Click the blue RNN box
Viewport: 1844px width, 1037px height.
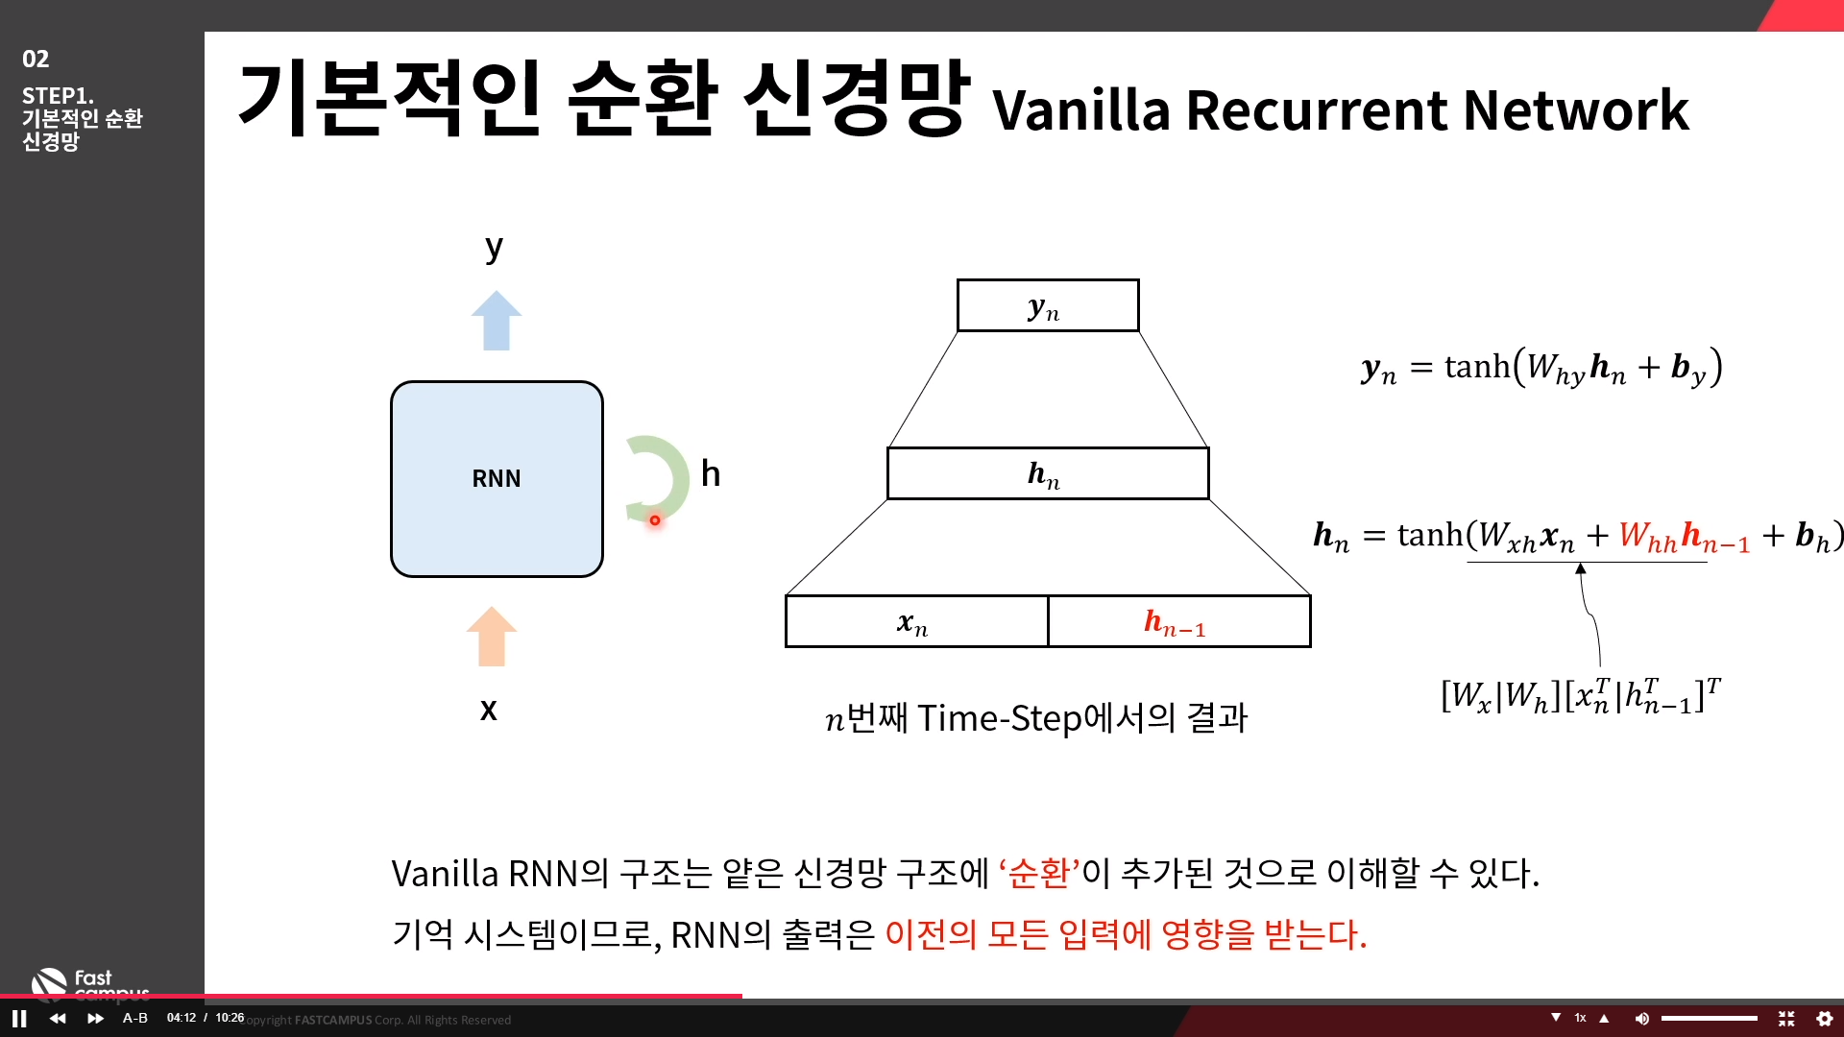click(497, 478)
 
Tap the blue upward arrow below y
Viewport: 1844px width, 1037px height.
click(497, 321)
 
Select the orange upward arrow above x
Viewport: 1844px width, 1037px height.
click(492, 637)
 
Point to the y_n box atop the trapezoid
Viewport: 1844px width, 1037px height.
click(1047, 306)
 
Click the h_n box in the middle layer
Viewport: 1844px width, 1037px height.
click(1047, 473)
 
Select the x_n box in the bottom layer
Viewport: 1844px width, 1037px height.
click(915, 622)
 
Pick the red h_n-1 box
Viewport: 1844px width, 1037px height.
click(1178, 622)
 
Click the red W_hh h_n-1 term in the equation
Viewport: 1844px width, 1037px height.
click(1684, 537)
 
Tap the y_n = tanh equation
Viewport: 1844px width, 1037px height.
click(1541, 368)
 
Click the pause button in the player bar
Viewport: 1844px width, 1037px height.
click(19, 1019)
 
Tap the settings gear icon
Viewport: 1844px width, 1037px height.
click(1825, 1019)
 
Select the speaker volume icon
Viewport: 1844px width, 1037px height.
click(1641, 1019)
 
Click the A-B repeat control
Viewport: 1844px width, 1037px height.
click(135, 1018)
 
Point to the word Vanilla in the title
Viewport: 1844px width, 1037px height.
click(1080, 110)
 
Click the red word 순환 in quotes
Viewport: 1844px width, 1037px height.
click(1039, 874)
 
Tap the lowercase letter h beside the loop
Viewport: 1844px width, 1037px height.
click(711, 473)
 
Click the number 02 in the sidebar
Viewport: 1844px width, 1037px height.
click(36, 60)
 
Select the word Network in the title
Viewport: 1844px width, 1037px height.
click(1575, 110)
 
